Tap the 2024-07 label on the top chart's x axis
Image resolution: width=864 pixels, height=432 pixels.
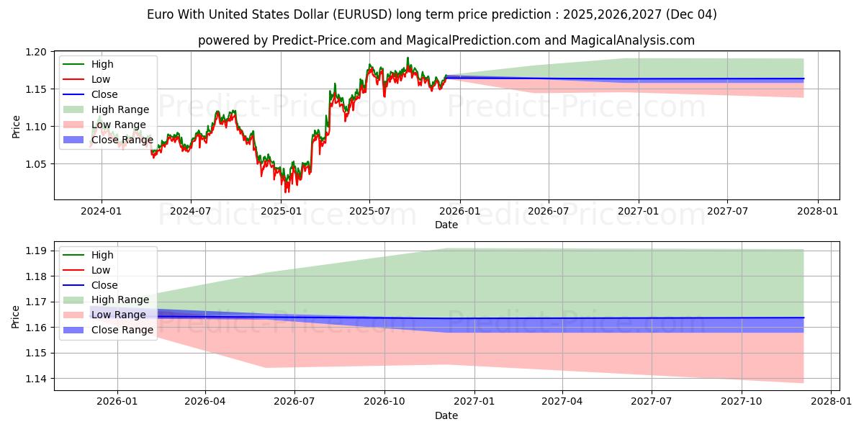point(191,211)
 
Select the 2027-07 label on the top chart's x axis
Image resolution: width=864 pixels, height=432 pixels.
point(727,211)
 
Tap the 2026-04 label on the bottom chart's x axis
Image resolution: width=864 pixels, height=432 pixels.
point(206,402)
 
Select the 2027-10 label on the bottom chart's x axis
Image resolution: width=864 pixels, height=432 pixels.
point(742,402)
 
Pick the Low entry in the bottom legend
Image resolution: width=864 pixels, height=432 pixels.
point(101,270)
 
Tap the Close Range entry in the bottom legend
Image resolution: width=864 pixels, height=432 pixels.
point(122,330)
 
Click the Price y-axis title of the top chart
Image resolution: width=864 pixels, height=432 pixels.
point(16,125)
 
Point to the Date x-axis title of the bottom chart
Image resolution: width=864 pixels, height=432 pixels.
point(446,415)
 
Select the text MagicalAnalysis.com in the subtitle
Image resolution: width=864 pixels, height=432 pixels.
point(633,40)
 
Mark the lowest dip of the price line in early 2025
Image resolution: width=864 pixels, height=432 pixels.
point(287,192)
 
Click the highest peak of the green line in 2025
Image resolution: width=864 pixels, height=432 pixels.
point(408,58)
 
